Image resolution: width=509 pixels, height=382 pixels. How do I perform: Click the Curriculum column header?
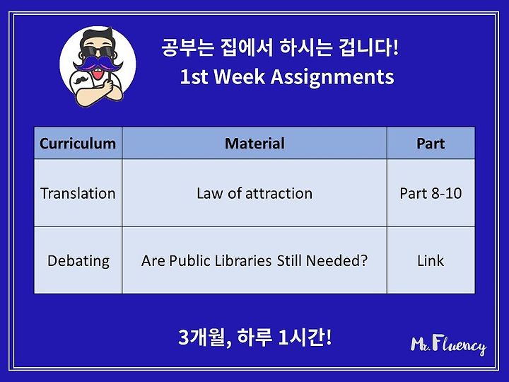(78, 143)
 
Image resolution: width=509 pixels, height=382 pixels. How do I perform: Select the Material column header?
(255, 143)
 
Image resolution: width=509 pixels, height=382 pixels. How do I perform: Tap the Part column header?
(431, 143)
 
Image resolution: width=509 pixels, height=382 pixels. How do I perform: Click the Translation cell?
(78, 193)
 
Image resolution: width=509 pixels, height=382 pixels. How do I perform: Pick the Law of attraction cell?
(255, 193)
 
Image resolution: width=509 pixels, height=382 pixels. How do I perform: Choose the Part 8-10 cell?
(431, 193)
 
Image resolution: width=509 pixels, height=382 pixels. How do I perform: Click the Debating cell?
(78, 261)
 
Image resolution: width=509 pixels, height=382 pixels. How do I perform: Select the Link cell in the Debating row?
(431, 260)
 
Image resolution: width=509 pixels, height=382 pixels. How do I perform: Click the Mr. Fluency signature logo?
(448, 345)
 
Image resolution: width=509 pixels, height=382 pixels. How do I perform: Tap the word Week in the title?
(240, 76)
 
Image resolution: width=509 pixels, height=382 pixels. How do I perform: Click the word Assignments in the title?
(332, 78)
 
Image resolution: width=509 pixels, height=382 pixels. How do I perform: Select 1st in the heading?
(194, 77)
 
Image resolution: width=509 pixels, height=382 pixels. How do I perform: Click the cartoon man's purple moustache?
(98, 64)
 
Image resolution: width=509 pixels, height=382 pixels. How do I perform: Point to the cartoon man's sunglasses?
(97, 52)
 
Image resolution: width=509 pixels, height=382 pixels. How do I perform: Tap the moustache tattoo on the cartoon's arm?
(81, 79)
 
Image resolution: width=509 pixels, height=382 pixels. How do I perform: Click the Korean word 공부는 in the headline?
(187, 47)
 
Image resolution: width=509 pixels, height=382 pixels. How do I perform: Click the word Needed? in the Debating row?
(337, 260)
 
